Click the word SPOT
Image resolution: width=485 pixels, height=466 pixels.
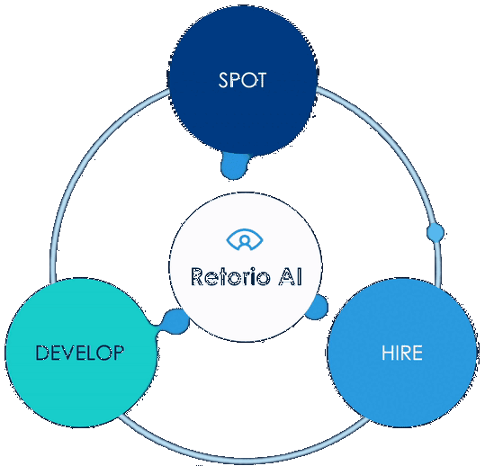tap(242, 79)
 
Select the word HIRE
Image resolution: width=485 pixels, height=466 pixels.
tap(400, 353)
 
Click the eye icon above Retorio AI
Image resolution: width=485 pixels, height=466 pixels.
tap(244, 240)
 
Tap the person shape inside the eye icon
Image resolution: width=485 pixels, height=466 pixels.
tap(244, 241)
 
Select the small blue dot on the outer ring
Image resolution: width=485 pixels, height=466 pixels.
tap(436, 233)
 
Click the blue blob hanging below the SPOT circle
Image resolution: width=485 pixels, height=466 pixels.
tap(235, 166)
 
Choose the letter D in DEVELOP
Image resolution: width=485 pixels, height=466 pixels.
tap(41, 353)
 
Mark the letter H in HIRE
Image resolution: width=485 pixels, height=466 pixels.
tap(386, 353)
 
